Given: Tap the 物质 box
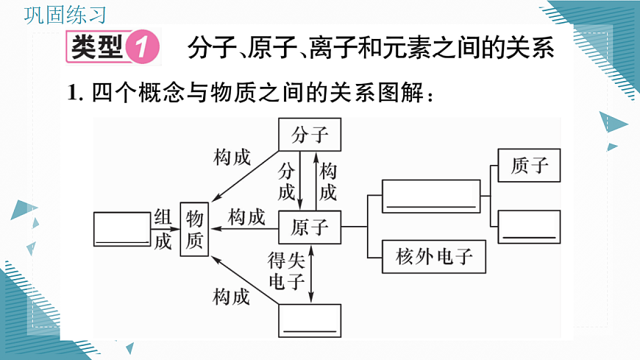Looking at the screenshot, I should (x=195, y=229).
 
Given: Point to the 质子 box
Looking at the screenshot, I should (x=529, y=166).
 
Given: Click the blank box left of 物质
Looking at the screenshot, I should (x=123, y=228).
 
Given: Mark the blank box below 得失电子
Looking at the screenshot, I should (x=310, y=320).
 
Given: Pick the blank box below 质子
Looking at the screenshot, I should (x=529, y=226).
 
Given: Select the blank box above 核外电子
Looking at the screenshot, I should (x=430, y=197).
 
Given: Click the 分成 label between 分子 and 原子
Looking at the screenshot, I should (x=286, y=181).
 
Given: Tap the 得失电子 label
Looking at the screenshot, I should (x=286, y=269).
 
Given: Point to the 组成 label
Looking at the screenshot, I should (x=163, y=228).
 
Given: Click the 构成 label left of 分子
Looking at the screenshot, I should (x=232, y=157).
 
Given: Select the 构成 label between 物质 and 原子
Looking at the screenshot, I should (x=246, y=217).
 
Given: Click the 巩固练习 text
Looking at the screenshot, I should (x=65, y=15).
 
